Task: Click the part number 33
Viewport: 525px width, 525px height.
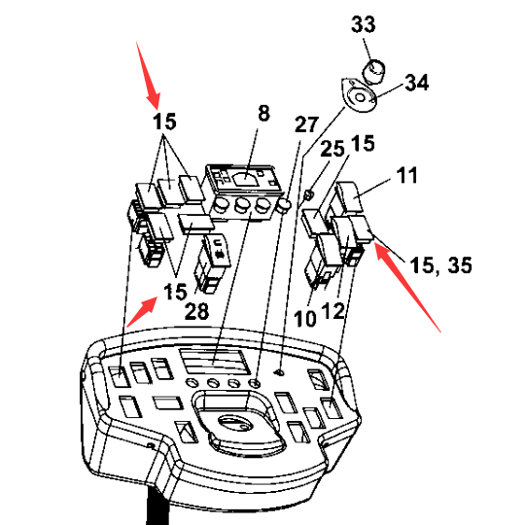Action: click(364, 24)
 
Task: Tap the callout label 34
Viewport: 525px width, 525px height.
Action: click(417, 83)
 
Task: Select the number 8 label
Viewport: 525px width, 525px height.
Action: click(263, 113)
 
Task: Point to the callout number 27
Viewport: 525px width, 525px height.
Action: click(306, 124)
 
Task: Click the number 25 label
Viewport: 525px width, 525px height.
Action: click(332, 149)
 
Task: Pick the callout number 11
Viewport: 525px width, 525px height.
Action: click(406, 175)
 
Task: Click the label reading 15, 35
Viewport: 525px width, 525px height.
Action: click(441, 265)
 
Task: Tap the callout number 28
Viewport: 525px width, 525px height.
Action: click(196, 311)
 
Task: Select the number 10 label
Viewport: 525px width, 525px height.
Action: click(305, 319)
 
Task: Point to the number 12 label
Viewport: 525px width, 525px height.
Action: click(332, 311)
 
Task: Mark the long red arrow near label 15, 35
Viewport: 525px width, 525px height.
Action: click(407, 287)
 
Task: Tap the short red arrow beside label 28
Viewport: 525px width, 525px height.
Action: click(142, 312)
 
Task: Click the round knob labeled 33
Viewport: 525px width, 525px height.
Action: click(373, 71)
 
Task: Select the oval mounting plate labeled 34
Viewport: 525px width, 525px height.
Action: click(359, 95)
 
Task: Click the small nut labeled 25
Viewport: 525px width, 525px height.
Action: click(309, 193)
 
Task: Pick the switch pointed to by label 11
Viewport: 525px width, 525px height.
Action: click(350, 196)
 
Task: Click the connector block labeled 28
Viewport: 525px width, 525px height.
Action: click(212, 263)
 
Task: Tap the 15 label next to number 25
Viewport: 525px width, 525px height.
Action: click(363, 143)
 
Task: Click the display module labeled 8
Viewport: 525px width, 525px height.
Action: click(244, 192)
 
